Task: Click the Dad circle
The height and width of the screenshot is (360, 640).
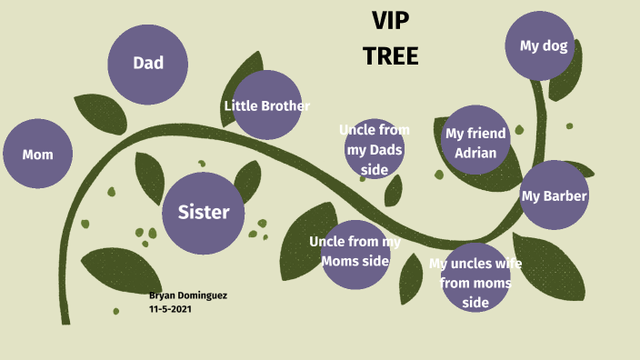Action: tap(148, 64)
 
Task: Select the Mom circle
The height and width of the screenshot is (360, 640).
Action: tap(38, 154)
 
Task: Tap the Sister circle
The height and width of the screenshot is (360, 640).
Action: tap(204, 213)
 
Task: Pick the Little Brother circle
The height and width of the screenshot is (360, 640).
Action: tap(267, 105)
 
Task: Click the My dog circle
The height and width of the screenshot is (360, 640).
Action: tap(544, 45)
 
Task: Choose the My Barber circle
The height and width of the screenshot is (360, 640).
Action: tap(554, 195)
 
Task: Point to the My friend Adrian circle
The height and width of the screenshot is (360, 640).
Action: tap(475, 143)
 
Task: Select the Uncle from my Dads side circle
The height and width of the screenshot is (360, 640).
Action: tap(375, 148)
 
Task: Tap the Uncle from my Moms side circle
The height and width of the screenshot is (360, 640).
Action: tap(355, 254)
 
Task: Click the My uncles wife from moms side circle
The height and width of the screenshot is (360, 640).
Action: tap(475, 278)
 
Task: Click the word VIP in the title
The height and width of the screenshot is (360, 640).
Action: tap(391, 21)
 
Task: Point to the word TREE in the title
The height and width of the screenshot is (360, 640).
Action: tap(391, 56)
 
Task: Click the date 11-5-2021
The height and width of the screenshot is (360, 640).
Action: tap(170, 309)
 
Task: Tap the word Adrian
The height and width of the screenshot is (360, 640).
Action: tap(476, 153)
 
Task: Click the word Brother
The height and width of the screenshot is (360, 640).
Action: tap(285, 106)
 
